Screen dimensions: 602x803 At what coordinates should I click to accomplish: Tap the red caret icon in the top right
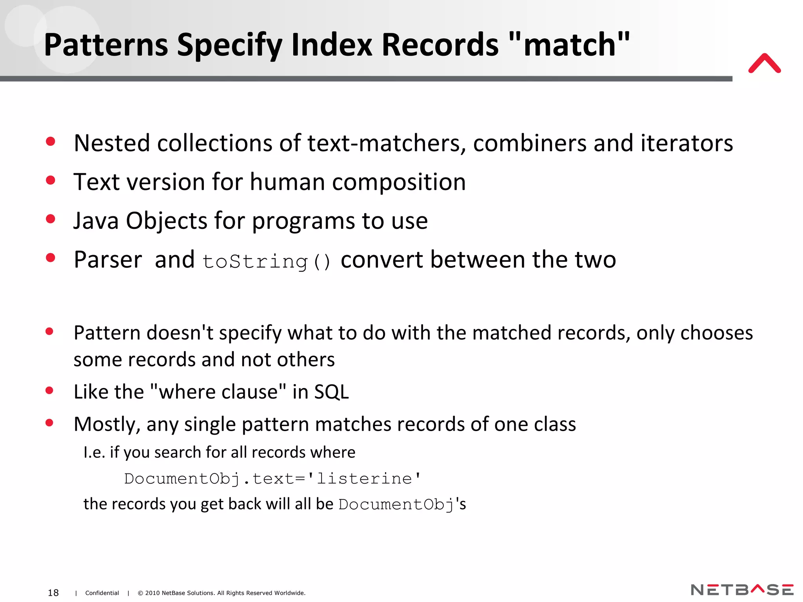(764, 63)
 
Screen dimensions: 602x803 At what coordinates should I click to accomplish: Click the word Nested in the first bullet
(112, 143)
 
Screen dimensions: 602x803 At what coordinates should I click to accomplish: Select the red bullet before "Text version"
(51, 180)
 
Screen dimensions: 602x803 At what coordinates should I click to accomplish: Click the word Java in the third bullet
(96, 221)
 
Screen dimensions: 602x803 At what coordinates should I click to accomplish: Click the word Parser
(108, 260)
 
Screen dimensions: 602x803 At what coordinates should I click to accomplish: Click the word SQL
(331, 392)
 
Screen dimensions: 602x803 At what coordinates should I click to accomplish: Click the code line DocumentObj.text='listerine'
(272, 479)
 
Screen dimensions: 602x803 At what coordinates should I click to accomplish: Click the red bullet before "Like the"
(49, 390)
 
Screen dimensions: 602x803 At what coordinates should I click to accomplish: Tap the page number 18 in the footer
(53, 593)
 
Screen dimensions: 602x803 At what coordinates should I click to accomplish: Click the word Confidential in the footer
(102, 593)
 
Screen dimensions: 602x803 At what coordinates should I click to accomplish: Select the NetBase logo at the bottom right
(742, 590)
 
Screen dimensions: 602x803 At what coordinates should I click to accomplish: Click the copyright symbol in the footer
(140, 593)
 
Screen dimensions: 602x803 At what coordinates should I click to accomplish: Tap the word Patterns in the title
(106, 45)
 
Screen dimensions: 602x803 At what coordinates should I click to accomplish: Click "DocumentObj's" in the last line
(402, 504)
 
